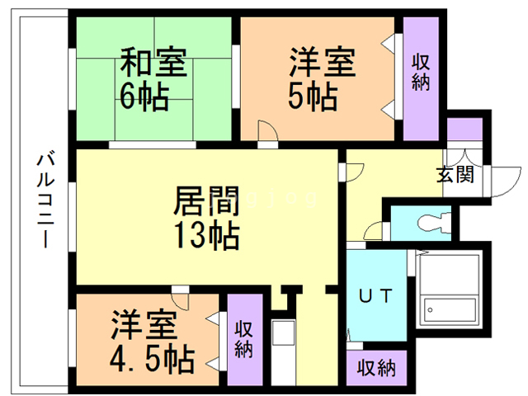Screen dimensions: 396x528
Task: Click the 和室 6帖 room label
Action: coord(154,80)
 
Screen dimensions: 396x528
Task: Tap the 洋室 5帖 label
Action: coord(322,80)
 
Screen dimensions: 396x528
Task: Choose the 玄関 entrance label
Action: coord(455,174)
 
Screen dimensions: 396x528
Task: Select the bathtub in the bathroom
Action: coord(449,294)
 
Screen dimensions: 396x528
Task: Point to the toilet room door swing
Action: coord(376,232)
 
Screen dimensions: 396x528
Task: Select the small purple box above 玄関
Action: coord(464,130)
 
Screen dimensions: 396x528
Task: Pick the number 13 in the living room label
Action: coord(191,237)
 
